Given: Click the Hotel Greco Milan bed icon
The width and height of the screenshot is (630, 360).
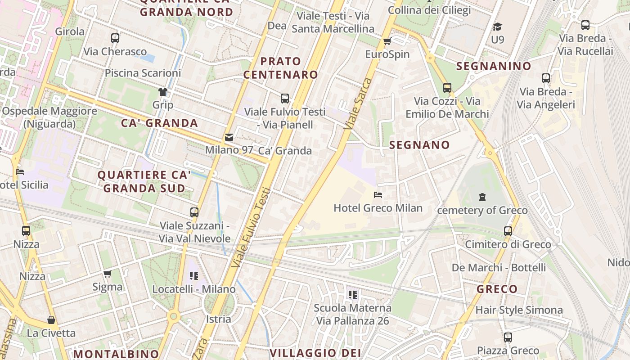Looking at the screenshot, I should click(x=378, y=195).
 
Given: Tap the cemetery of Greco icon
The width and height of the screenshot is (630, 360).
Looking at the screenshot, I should click(x=482, y=197).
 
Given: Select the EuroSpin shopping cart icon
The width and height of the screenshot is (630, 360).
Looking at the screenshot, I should click(x=387, y=41).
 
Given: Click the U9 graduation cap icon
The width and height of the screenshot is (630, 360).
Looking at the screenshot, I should click(x=497, y=27).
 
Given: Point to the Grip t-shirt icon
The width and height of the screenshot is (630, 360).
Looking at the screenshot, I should click(x=162, y=92).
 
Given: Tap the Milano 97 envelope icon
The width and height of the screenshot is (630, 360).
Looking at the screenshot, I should click(x=229, y=137).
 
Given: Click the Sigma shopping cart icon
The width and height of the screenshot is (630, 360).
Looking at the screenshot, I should click(x=107, y=274).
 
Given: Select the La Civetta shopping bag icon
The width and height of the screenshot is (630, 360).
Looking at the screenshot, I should click(x=51, y=320).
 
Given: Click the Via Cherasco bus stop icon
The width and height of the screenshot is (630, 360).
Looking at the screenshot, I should click(x=115, y=38).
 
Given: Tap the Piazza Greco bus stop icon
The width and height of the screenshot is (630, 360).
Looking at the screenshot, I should click(x=508, y=337).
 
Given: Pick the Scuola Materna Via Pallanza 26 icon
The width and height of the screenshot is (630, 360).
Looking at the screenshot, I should click(x=352, y=295).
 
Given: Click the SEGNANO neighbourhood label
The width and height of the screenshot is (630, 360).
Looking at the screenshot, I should click(x=419, y=145).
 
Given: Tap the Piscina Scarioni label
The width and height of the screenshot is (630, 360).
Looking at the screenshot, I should click(x=143, y=73).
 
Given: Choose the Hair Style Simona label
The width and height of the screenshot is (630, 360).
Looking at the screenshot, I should click(x=519, y=310).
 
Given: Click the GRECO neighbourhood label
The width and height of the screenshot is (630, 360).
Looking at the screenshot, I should click(x=497, y=289).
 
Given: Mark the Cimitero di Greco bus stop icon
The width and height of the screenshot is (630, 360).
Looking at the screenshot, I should click(x=508, y=231).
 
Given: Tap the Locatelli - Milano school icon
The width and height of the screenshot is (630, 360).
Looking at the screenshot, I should click(x=194, y=275).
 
